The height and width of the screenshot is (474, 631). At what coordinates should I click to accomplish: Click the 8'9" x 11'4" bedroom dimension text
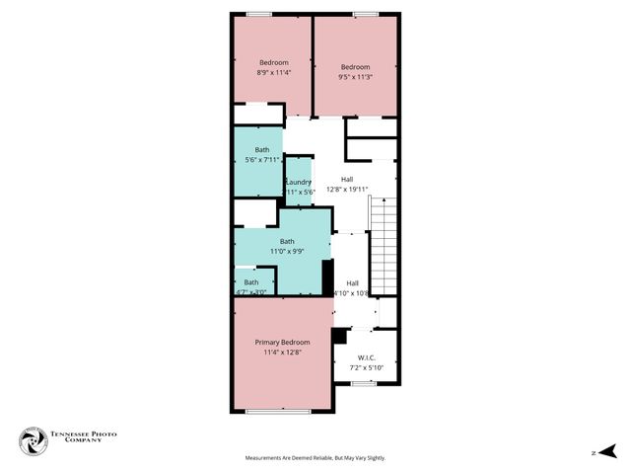(x=273, y=72)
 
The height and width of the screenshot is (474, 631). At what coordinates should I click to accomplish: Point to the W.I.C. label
(x=365, y=357)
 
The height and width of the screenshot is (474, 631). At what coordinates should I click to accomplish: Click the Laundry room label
(x=299, y=182)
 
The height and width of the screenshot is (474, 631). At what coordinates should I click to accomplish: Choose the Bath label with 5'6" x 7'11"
(x=262, y=150)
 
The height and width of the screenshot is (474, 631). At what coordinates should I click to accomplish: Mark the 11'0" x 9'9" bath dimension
(x=287, y=251)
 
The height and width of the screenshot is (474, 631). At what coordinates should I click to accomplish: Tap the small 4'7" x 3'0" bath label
(x=251, y=282)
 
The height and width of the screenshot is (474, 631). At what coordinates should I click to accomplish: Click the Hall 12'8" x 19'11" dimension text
(x=347, y=190)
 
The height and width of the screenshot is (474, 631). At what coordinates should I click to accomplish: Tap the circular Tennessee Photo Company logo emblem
(x=32, y=440)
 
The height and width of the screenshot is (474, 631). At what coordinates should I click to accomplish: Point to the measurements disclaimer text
(x=315, y=458)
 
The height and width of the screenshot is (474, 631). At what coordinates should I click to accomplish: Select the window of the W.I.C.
(x=364, y=383)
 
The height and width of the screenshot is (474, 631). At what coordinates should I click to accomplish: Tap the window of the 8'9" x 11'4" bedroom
(x=259, y=14)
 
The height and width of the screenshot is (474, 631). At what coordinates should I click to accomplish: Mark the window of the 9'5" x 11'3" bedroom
(x=367, y=14)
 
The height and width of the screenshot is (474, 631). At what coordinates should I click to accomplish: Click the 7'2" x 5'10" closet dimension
(x=365, y=367)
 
